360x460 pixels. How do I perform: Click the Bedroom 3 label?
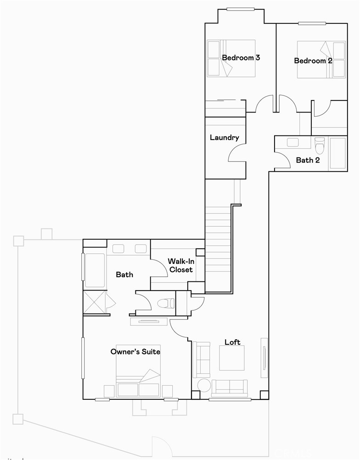(241, 58)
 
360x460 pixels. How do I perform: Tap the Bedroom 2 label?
(313, 61)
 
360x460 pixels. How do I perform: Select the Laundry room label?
(225, 137)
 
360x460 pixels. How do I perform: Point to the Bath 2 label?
(308, 160)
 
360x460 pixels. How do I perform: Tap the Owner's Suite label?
(135, 352)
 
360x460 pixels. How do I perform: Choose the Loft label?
(232, 342)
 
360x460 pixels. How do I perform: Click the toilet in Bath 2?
(320, 144)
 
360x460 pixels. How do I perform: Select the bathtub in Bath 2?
(338, 153)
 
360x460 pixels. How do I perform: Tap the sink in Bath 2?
(292, 142)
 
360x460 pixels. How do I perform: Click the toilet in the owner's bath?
(166, 303)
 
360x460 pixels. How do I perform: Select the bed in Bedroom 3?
(231, 58)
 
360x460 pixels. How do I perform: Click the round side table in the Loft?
(204, 386)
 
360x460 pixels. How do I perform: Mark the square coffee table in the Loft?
(231, 358)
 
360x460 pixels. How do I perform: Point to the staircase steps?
(217, 248)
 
